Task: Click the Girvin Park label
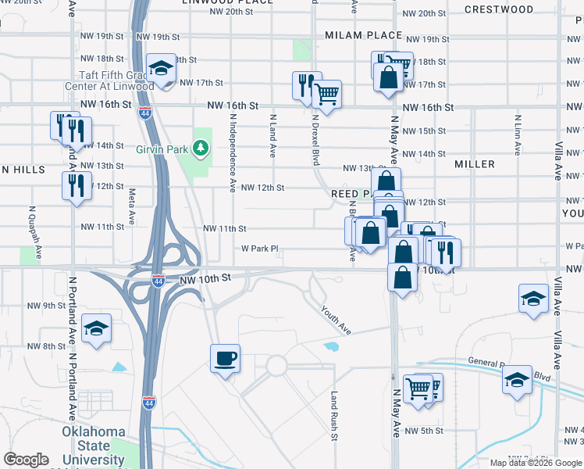click(x=162, y=148)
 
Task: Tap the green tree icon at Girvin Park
click(x=201, y=147)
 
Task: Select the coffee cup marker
click(x=225, y=359)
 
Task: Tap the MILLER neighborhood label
click(x=475, y=164)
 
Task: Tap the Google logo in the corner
click(x=26, y=459)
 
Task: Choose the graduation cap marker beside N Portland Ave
click(x=96, y=328)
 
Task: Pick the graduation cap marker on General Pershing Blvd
click(x=517, y=380)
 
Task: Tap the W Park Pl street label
click(x=259, y=249)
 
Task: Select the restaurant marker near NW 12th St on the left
click(x=76, y=185)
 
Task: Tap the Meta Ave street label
click(x=132, y=206)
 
